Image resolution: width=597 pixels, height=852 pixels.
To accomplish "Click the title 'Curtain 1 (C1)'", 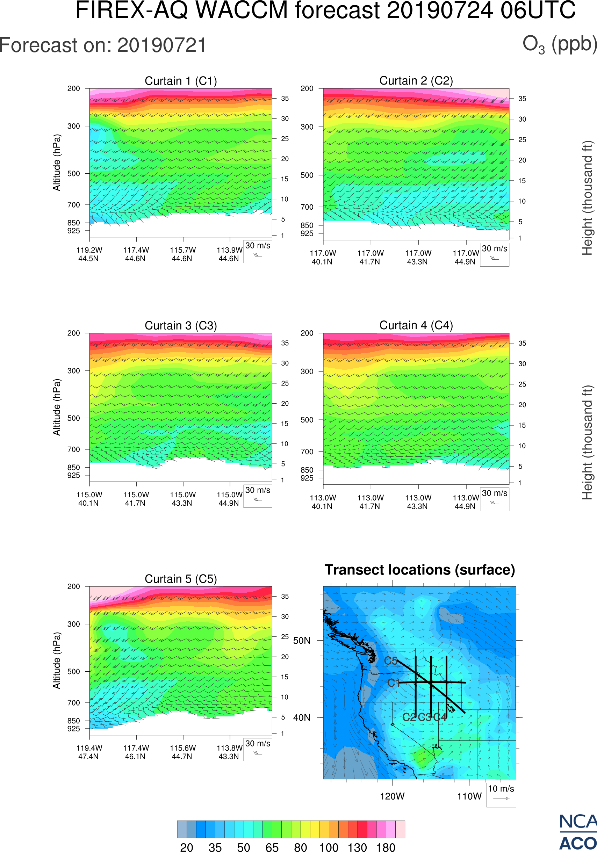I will click(x=181, y=81).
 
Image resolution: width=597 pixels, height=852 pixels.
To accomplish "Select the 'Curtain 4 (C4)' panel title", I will click(x=416, y=325).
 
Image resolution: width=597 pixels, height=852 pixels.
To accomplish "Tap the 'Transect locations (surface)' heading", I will click(x=420, y=570).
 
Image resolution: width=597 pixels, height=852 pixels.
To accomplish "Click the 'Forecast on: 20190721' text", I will click(x=103, y=45).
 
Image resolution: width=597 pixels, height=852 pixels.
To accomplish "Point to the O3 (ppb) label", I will click(x=559, y=44).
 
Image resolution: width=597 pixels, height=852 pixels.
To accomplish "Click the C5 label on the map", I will click(x=391, y=661).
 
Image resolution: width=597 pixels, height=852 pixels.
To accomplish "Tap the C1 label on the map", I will click(x=393, y=683).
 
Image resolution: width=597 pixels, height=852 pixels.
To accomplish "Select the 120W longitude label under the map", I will click(x=392, y=796).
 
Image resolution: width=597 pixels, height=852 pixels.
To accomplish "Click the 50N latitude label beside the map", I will click(x=302, y=641).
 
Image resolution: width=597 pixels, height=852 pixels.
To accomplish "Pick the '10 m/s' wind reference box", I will click(x=501, y=794).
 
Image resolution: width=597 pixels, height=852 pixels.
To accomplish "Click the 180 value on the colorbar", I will click(x=386, y=847).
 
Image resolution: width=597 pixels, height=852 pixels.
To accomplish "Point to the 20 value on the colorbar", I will click(x=186, y=847).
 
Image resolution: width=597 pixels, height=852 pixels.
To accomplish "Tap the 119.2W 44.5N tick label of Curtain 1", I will click(x=89, y=254).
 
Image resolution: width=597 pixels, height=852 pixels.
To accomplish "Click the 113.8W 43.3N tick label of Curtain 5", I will click(x=229, y=752).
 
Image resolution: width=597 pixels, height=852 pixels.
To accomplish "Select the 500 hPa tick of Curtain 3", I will click(x=73, y=418).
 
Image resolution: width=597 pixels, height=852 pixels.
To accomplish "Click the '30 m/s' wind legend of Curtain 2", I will click(x=494, y=254).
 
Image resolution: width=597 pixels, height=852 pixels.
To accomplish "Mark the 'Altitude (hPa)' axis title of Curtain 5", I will click(x=56, y=661).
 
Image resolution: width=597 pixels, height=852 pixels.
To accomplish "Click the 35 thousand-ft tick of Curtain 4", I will click(x=522, y=343).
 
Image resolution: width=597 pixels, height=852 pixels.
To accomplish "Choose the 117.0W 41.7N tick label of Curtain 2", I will click(x=370, y=257).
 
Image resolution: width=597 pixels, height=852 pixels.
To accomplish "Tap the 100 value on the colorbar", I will click(x=329, y=847).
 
